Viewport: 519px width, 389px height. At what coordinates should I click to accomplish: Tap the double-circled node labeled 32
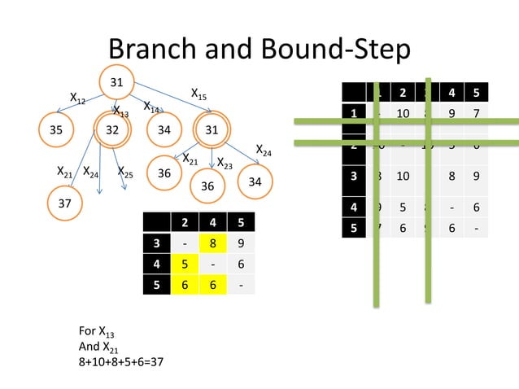point(113,129)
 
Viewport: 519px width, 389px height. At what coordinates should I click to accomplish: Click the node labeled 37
point(64,202)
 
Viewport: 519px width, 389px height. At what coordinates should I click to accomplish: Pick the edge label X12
point(78,99)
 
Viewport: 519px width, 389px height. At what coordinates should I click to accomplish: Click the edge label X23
point(225,166)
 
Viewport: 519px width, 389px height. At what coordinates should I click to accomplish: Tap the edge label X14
point(151,107)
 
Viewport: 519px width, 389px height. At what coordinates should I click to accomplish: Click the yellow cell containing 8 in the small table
point(212,242)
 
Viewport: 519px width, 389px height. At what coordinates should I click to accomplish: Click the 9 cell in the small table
point(238,242)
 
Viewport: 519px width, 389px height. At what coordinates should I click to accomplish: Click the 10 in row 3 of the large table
point(402,176)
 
